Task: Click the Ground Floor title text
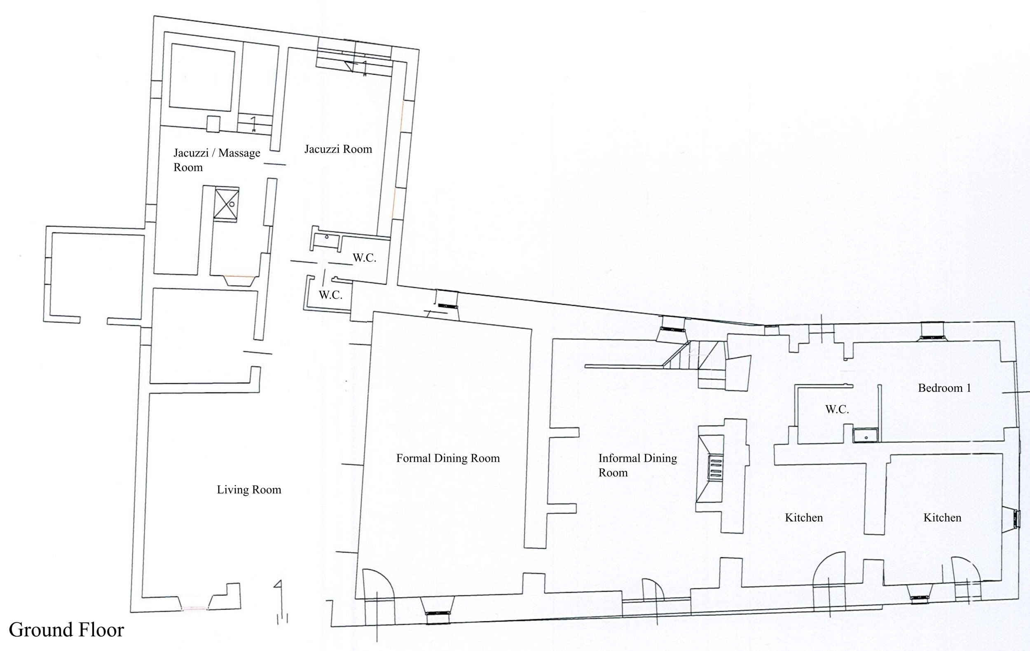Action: click(66, 630)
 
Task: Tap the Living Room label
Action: click(249, 490)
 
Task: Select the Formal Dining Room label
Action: click(448, 458)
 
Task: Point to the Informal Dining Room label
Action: click(637, 465)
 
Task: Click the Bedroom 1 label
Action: click(944, 388)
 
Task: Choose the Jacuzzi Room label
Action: click(338, 149)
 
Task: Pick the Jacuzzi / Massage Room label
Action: click(216, 160)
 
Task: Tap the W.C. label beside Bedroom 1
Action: click(837, 409)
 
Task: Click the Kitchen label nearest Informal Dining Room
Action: click(804, 517)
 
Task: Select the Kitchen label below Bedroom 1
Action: click(942, 517)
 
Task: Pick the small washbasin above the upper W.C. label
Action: click(326, 240)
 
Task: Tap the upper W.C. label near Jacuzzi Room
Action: click(365, 258)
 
